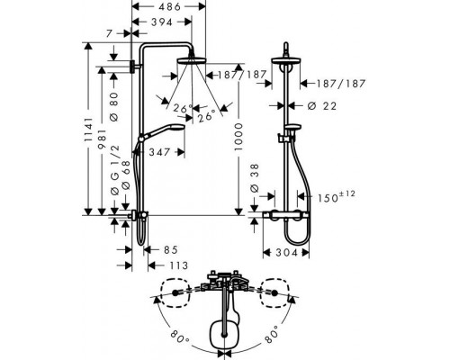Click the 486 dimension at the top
[x=169, y=6]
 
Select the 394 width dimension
[x=162, y=22]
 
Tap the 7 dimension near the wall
[x=109, y=33]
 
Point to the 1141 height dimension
[x=88, y=129]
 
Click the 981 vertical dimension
[x=102, y=139]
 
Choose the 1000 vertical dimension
[x=238, y=137]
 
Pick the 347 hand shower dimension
[x=160, y=152]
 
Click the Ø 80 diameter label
[x=114, y=106]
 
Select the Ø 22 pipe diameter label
[x=322, y=106]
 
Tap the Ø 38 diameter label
[x=254, y=178]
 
